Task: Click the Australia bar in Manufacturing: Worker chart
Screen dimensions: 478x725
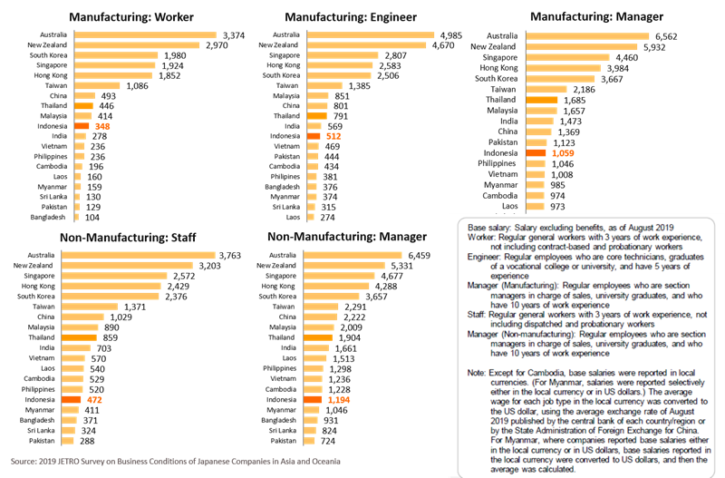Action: tap(145, 34)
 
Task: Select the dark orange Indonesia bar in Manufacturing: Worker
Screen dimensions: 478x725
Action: tap(82, 126)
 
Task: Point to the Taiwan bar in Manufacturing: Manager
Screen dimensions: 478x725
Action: tap(543, 89)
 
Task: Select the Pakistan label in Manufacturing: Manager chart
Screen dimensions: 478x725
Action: tap(509, 143)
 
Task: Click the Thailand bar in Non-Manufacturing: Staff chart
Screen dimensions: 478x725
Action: tap(84, 337)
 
